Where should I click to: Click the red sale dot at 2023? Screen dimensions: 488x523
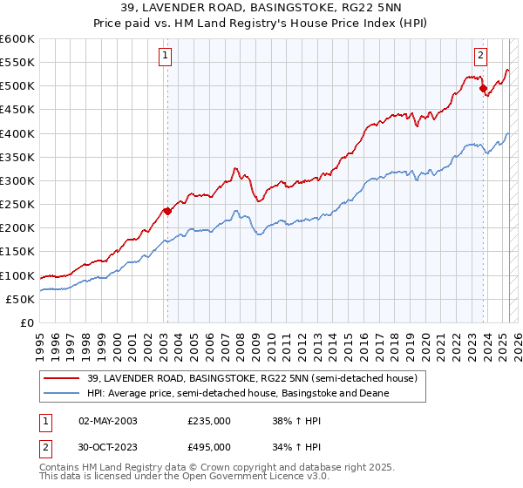(483, 88)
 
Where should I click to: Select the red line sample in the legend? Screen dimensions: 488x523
(62, 379)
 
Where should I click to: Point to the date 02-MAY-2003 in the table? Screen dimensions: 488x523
(108, 420)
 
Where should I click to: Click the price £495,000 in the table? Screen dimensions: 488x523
(209, 446)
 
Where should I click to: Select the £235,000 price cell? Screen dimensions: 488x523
(209, 420)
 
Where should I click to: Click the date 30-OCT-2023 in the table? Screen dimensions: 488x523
(108, 446)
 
